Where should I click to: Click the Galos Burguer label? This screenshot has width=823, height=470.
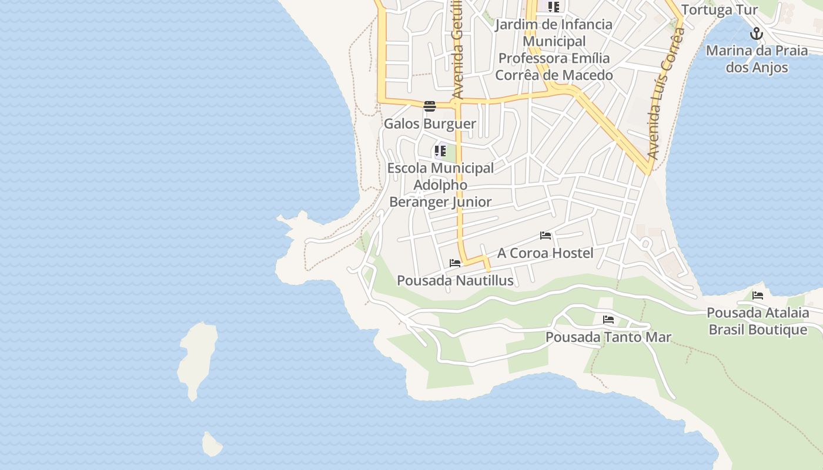point(430,124)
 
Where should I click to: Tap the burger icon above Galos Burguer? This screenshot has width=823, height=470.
point(430,106)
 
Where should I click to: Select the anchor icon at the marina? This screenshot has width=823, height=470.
point(757,33)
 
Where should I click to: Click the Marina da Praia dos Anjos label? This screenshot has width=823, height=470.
point(757,59)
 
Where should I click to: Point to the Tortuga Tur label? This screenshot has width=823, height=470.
point(719,10)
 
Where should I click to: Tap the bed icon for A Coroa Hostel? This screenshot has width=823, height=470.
point(546,236)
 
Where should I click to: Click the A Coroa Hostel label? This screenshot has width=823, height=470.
point(545,253)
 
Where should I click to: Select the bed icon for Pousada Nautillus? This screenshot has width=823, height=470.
point(454,263)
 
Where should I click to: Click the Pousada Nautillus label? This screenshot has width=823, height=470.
point(455,281)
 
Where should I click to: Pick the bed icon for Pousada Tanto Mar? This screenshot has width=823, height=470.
point(608,320)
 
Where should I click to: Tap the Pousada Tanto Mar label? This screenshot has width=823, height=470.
point(608,337)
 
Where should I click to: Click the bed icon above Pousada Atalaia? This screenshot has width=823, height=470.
point(758,295)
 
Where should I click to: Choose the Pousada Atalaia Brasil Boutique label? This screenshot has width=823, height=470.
point(758,321)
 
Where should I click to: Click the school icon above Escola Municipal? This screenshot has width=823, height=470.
point(440,151)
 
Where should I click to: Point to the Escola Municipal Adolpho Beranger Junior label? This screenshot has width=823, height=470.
point(440,185)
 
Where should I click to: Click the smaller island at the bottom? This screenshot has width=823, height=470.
point(212,445)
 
